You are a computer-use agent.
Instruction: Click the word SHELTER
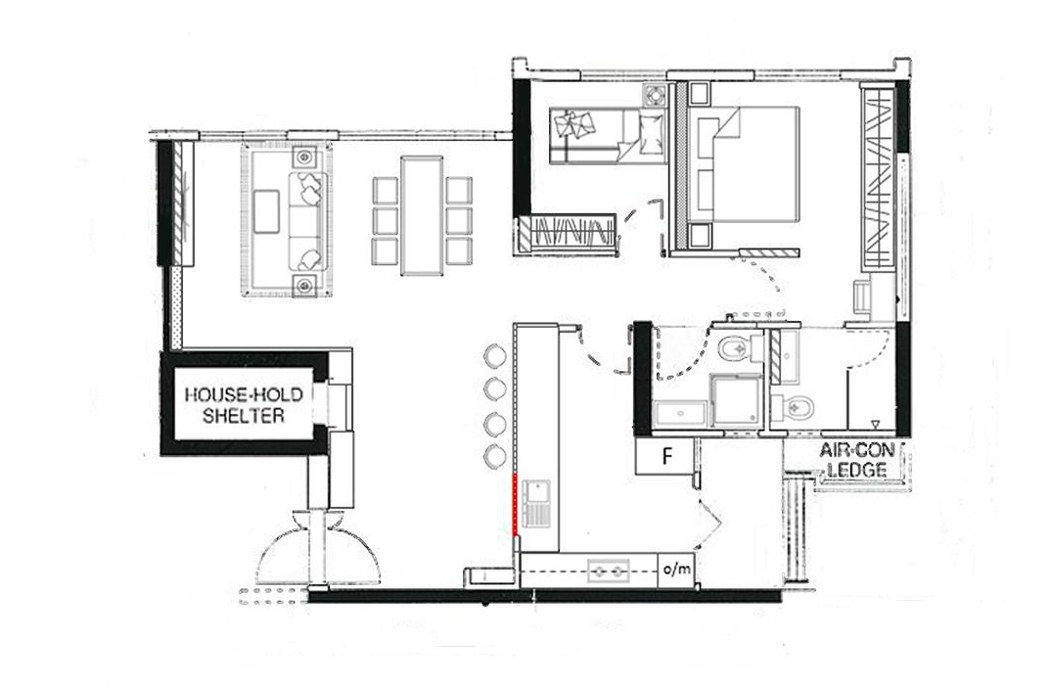(244, 416)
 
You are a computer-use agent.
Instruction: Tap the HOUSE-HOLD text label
(244, 394)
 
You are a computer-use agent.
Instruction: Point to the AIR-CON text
(861, 450)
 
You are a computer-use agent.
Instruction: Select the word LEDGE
(861, 470)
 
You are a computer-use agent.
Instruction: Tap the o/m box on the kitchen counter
(676, 570)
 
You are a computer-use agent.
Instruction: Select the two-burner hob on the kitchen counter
(609, 571)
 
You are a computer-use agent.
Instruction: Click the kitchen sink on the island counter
(536, 504)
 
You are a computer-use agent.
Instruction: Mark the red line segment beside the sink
(515, 504)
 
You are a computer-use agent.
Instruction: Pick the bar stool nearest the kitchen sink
(495, 455)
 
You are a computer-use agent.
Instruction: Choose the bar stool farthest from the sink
(495, 355)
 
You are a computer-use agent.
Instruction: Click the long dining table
(422, 215)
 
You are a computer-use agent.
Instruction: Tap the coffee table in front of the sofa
(266, 211)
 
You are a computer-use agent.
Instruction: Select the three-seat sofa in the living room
(308, 221)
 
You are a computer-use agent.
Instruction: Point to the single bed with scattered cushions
(608, 136)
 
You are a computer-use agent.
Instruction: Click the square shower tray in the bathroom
(735, 400)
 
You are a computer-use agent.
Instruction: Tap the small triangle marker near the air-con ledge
(875, 423)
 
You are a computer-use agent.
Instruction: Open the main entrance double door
(319, 546)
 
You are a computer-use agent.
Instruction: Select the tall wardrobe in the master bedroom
(878, 177)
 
